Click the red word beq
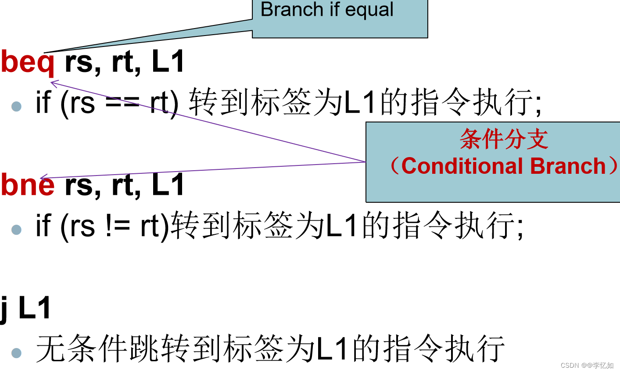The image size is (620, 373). click(28, 62)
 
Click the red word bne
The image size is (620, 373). click(28, 185)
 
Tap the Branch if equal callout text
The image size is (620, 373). click(327, 10)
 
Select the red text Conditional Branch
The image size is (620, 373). click(503, 166)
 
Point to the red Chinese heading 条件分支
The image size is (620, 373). click(504, 140)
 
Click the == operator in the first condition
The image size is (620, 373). click(122, 103)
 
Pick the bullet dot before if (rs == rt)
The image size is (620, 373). click(17, 106)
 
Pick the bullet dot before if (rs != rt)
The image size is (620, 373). click(17, 229)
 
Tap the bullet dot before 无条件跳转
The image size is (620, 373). click(17, 352)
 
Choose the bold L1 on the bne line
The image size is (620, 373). click(168, 184)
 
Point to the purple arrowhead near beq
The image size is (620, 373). click(53, 82)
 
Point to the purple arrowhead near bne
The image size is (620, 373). click(42, 178)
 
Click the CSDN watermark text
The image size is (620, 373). click(587, 365)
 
